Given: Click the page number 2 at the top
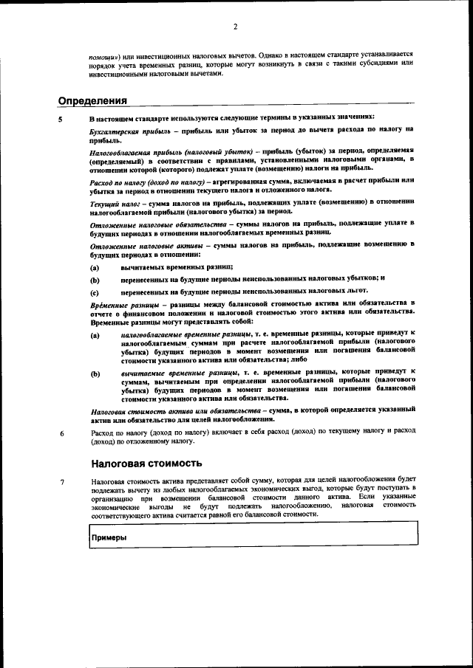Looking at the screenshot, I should tap(235, 27).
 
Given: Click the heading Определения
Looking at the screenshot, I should tap(93, 100).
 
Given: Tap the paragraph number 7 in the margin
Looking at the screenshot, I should tap(62, 483).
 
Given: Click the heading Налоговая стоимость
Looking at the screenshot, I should tap(146, 464).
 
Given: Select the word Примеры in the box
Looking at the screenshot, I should tap(109, 537).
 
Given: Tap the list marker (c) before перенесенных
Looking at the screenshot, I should tap(95, 292).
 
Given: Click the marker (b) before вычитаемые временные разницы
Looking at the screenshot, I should tap(95, 373).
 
